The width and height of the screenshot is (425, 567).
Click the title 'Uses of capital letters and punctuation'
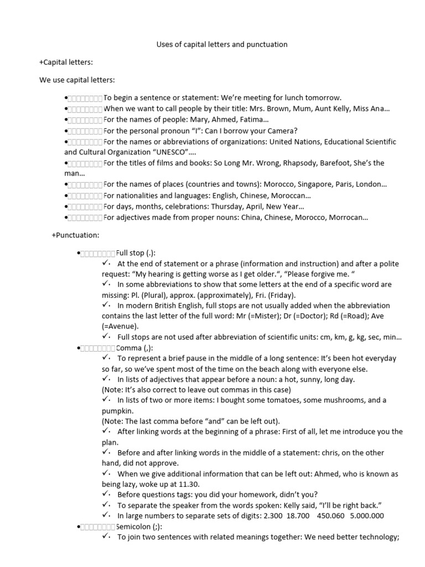click(x=221, y=44)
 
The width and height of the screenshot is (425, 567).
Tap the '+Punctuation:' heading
click(x=75, y=235)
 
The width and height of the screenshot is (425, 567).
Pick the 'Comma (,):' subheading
click(x=135, y=348)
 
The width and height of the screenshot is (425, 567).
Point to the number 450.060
click(x=332, y=516)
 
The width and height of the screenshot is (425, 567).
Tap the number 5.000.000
click(x=366, y=516)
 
